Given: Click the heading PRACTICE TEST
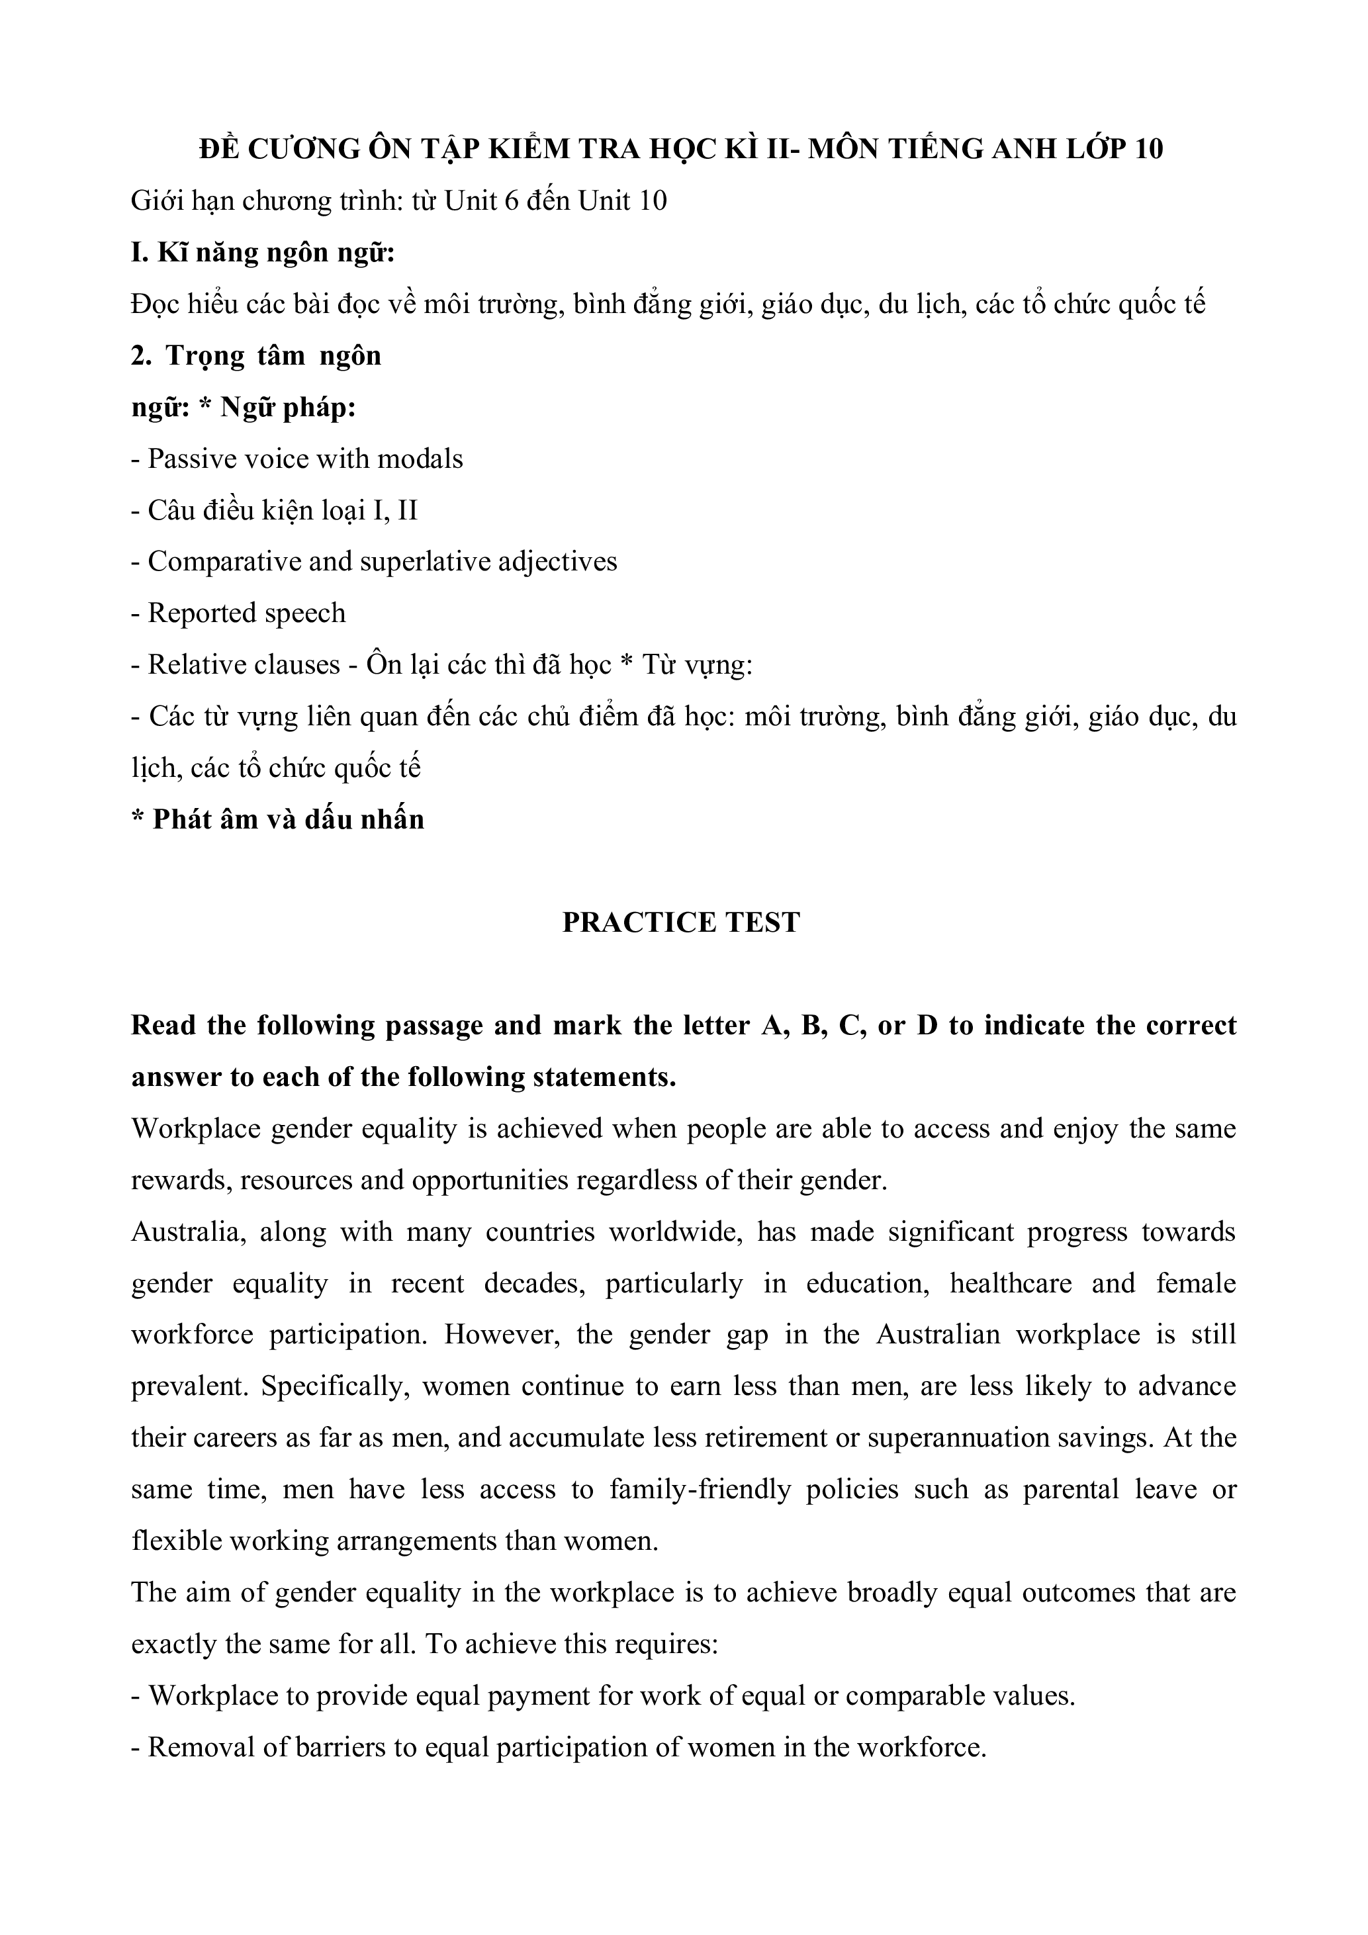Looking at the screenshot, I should [x=680, y=923].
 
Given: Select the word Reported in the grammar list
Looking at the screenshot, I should [x=191, y=613].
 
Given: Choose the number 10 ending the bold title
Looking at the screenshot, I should [x=1148, y=148].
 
